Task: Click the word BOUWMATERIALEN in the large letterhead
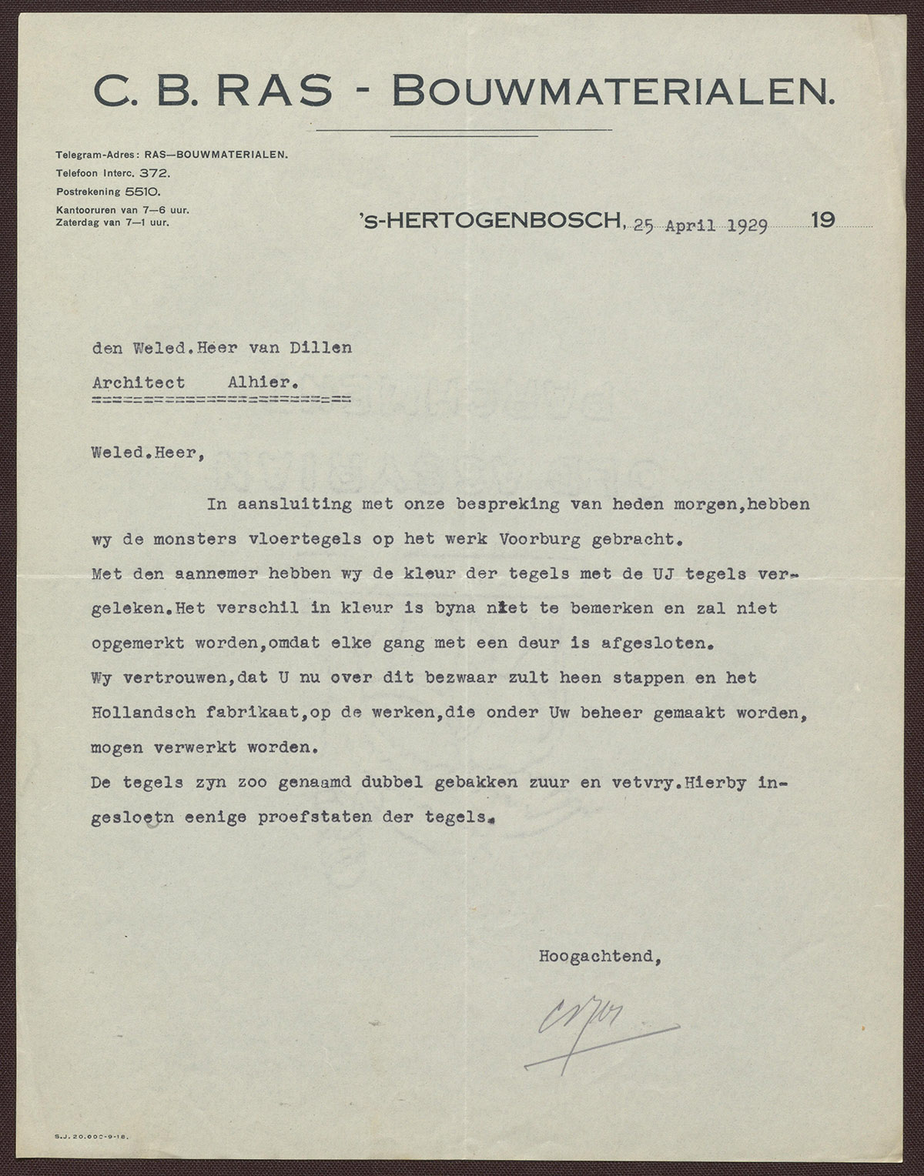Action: pyautogui.click(x=613, y=92)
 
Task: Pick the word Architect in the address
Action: pyautogui.click(x=139, y=383)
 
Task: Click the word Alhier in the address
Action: pyautogui.click(x=262, y=383)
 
